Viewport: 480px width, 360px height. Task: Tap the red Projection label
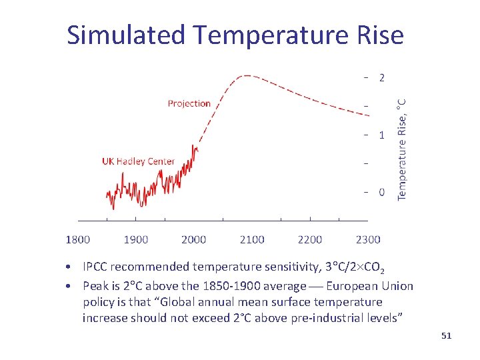189,103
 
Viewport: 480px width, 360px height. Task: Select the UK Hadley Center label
138,161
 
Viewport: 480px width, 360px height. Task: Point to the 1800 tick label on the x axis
78,239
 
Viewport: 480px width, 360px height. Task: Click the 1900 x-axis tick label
136,239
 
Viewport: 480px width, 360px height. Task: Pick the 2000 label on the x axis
194,239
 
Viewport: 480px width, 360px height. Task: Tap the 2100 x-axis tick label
252,239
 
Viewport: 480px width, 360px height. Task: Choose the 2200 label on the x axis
310,239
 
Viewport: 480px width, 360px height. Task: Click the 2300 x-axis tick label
368,239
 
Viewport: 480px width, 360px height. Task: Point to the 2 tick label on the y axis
381,78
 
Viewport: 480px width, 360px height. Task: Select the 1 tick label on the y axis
381,135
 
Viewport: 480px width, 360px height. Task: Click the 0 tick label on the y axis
381,193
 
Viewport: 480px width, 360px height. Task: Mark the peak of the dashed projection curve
248,75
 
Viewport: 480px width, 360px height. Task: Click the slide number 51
446,336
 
